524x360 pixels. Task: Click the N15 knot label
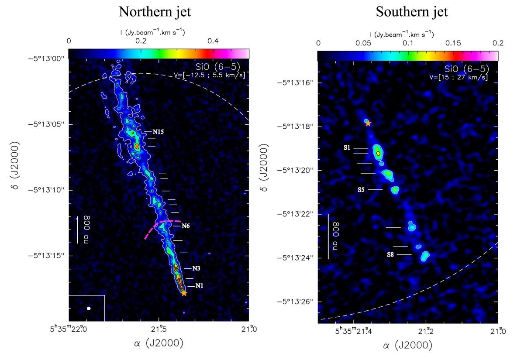[x=158, y=131]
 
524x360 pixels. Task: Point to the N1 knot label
[x=199, y=286]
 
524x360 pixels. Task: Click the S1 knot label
[x=347, y=148]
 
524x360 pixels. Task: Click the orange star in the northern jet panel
[x=184, y=293]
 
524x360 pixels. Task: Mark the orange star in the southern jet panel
[x=368, y=123]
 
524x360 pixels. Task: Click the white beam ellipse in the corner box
[x=89, y=309]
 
